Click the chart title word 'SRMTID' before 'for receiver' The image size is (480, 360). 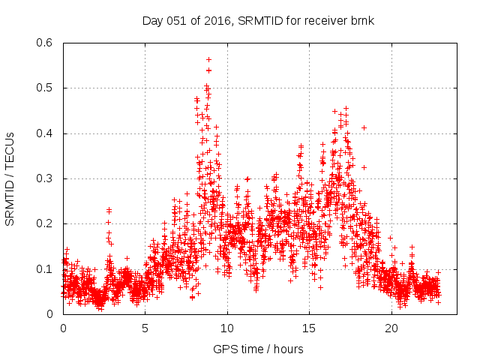[260, 20]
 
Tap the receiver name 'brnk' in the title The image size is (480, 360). [361, 20]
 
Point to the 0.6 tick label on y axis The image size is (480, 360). [44, 43]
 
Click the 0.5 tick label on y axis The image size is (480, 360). [44, 88]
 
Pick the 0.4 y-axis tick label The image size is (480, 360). [44, 133]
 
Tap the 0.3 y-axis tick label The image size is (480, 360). [44, 178]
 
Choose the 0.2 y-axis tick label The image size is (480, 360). [44, 223]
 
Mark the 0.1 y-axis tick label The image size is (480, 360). [44, 269]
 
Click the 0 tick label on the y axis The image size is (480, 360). [51, 314]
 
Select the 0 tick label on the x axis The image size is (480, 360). [63, 328]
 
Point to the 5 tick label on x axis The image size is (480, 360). [145, 328]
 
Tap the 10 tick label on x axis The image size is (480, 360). [227, 328]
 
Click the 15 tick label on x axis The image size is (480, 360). [310, 328]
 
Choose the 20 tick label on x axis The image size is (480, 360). [391, 328]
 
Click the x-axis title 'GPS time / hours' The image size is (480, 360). [259, 349]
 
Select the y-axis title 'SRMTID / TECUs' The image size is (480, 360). [10, 178]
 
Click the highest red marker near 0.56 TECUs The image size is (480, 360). [208, 59]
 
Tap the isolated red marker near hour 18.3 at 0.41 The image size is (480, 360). [364, 127]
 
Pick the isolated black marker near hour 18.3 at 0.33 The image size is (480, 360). [364, 166]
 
